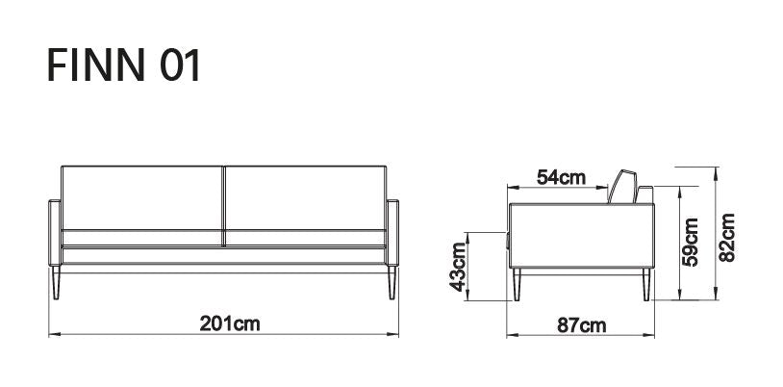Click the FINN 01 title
coord(125,65)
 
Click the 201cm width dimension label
coord(229,323)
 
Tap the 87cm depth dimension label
coord(581,324)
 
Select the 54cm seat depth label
coord(560,177)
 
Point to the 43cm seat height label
coord(459,267)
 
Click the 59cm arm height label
coord(691,241)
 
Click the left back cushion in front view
coord(142,197)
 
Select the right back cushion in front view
coord(306,197)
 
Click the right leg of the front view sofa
coord(390,285)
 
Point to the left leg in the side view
coord(518,285)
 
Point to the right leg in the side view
coord(644,285)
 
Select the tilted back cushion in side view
coord(622,186)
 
